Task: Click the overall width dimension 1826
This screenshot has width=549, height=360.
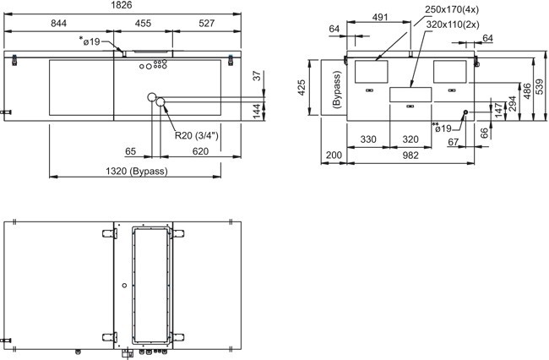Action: coord(122,5)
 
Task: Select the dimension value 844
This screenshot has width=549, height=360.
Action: coord(58,23)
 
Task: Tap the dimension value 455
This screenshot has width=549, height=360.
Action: coord(143,23)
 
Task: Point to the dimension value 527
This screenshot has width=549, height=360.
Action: coord(206,23)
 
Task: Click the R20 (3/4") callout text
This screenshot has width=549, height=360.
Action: coord(197,135)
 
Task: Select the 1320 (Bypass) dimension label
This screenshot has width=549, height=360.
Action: coord(137,171)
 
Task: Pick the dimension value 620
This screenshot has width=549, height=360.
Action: coord(200,151)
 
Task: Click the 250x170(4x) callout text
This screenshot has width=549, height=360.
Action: coord(452,9)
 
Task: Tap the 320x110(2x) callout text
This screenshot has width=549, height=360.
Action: coord(453,25)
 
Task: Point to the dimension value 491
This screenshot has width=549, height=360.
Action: coord(380,17)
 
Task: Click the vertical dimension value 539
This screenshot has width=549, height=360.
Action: coord(540,86)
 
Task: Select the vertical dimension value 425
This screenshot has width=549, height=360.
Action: coord(302,88)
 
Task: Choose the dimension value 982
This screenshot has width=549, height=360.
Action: coord(410,155)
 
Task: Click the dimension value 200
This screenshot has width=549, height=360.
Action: coord(334,155)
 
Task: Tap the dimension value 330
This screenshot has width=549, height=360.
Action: coord(368,139)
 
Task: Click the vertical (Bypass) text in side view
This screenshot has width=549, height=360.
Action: coord(337,90)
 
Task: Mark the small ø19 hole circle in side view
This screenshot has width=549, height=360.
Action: coord(465,112)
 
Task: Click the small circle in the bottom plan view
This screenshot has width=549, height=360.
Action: coord(124,286)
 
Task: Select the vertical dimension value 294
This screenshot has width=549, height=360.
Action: coord(513,104)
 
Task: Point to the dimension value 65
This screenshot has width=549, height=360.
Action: coord(130,151)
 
